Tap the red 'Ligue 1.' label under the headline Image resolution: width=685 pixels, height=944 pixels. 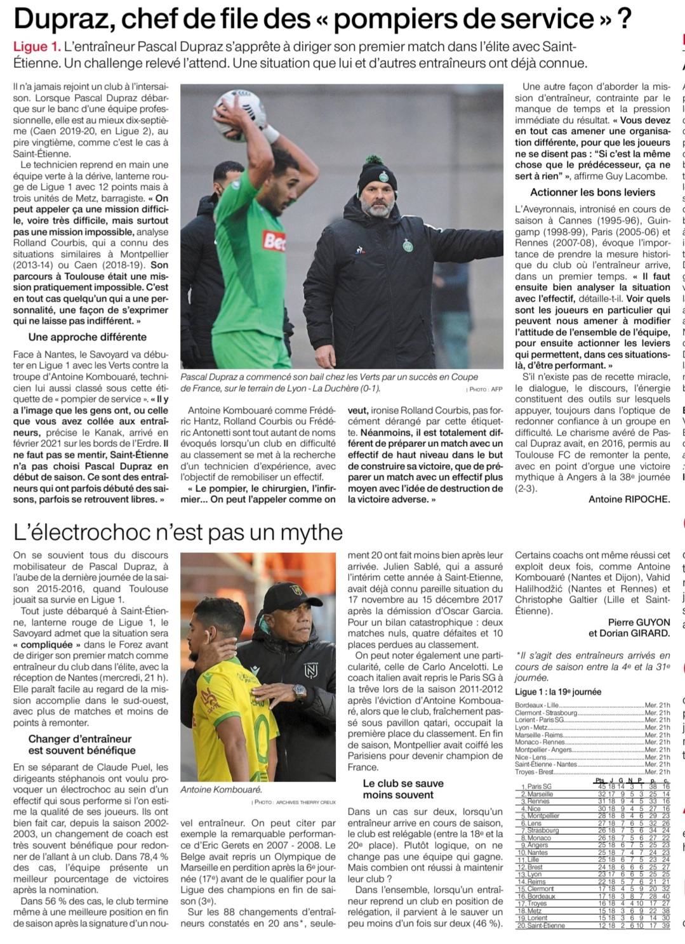[x=37, y=47]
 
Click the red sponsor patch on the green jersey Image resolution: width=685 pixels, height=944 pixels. [x=275, y=241]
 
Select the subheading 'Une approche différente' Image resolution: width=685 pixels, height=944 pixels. [x=88, y=337]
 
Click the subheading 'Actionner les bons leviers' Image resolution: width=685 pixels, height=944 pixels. [x=592, y=192]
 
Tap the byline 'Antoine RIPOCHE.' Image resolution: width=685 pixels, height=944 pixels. [x=628, y=499]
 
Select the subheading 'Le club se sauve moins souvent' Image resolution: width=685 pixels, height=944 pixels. [x=403, y=789]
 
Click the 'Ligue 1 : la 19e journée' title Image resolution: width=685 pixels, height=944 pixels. [x=558, y=692]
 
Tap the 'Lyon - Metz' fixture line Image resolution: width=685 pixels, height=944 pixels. [x=532, y=728]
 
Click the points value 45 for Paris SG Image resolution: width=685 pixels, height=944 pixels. [x=601, y=786]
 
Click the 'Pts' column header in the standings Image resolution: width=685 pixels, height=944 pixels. [x=601, y=780]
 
